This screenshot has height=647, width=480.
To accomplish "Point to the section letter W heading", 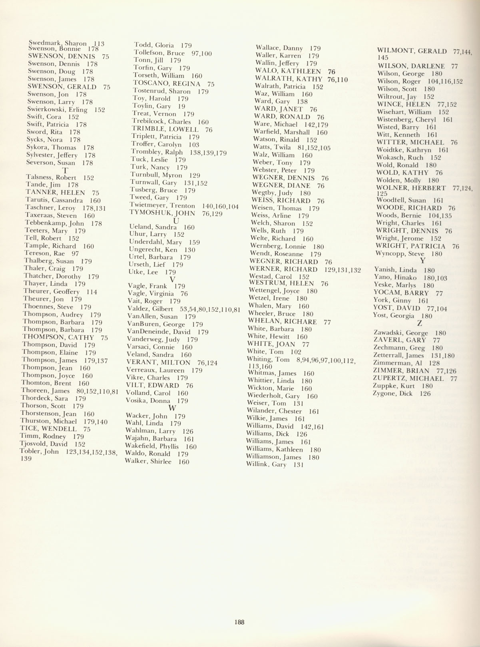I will pyautogui.click(x=172, y=408).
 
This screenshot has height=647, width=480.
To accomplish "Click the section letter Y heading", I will pyautogui.click(x=422, y=261).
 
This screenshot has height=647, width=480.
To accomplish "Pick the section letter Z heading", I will pyautogui.click(x=419, y=324).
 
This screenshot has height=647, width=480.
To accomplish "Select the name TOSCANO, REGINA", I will pyautogui.click(x=173, y=84).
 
